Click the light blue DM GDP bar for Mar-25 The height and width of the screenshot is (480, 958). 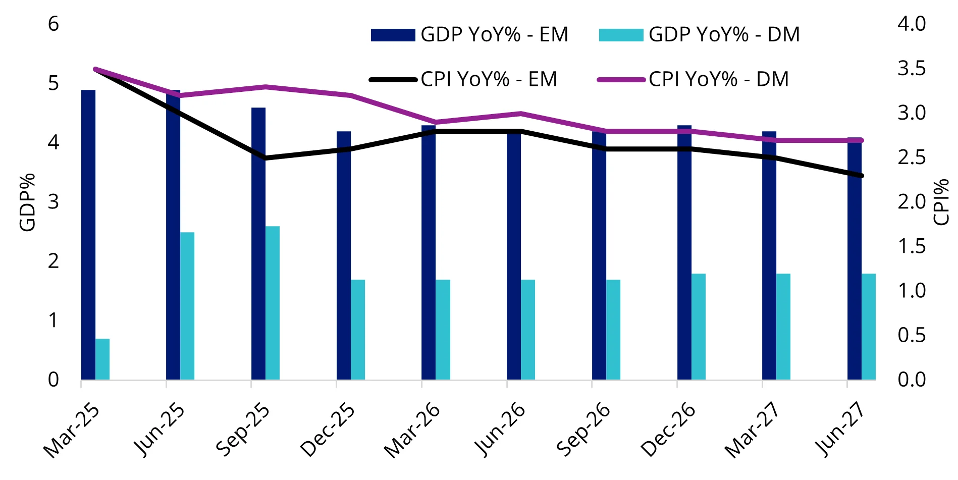click(102, 359)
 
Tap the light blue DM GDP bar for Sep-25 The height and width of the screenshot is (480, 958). click(273, 303)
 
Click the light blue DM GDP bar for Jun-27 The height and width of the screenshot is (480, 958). click(869, 327)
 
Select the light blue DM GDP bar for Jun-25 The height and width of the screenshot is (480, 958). click(187, 306)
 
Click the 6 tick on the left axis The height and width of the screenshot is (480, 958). click(54, 24)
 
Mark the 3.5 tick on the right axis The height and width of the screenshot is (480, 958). click(912, 68)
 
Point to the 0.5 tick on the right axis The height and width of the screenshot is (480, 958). click(912, 335)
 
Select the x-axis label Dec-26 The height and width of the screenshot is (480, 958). click(668, 431)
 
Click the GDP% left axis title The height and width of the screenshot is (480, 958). click(27, 202)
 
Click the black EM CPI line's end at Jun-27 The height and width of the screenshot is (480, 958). click(862, 176)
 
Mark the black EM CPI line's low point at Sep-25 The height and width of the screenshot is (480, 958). click(265, 158)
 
